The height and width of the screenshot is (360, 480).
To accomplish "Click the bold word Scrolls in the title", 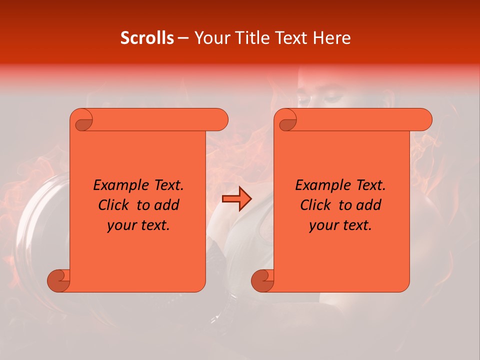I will pyautogui.click(x=147, y=38).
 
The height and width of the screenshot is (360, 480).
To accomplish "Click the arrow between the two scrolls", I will pyautogui.click(x=236, y=199).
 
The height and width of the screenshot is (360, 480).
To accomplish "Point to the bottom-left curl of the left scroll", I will pyautogui.click(x=59, y=280).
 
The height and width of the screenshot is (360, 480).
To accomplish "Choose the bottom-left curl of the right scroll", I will pyautogui.click(x=262, y=280).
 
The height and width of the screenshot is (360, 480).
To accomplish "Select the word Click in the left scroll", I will pyautogui.click(x=114, y=205).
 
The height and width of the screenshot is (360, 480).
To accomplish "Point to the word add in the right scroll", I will pyautogui.click(x=369, y=205).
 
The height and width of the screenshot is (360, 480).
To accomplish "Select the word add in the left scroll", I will pyautogui.click(x=167, y=205).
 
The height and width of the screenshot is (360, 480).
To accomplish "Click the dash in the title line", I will pyautogui.click(x=183, y=38).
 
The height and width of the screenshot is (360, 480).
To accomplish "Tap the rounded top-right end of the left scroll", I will pyautogui.click(x=220, y=120).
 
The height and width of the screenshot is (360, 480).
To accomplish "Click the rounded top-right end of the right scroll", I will pyautogui.click(x=424, y=120).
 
